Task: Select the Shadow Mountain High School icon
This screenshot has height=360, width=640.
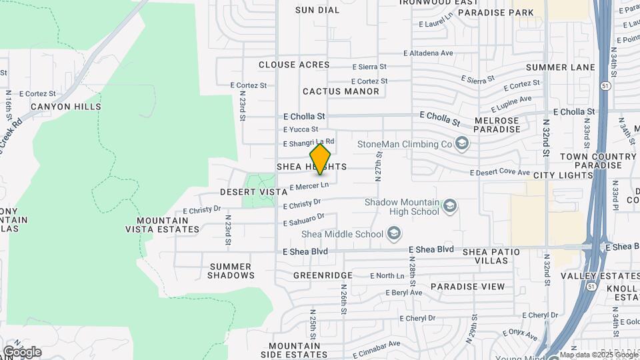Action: point(450,206)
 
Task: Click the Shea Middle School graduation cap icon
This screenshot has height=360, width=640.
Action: point(394,233)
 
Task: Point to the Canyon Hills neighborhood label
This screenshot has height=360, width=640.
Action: point(65,107)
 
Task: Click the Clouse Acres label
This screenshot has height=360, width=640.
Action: point(294,65)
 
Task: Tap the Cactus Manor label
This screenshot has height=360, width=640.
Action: point(341,91)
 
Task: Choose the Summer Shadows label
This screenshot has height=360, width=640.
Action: point(231,271)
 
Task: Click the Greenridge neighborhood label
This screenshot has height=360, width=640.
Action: point(323,275)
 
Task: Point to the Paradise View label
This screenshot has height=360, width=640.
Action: point(467,287)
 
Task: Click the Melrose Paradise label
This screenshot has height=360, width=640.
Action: point(497,124)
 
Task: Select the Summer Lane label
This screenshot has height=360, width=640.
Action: point(560,67)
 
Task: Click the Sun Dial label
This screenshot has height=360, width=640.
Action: point(313,10)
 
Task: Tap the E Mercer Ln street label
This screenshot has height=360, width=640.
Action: point(309,185)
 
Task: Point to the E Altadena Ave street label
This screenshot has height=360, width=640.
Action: point(428,53)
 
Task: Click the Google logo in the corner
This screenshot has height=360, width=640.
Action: point(21,352)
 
